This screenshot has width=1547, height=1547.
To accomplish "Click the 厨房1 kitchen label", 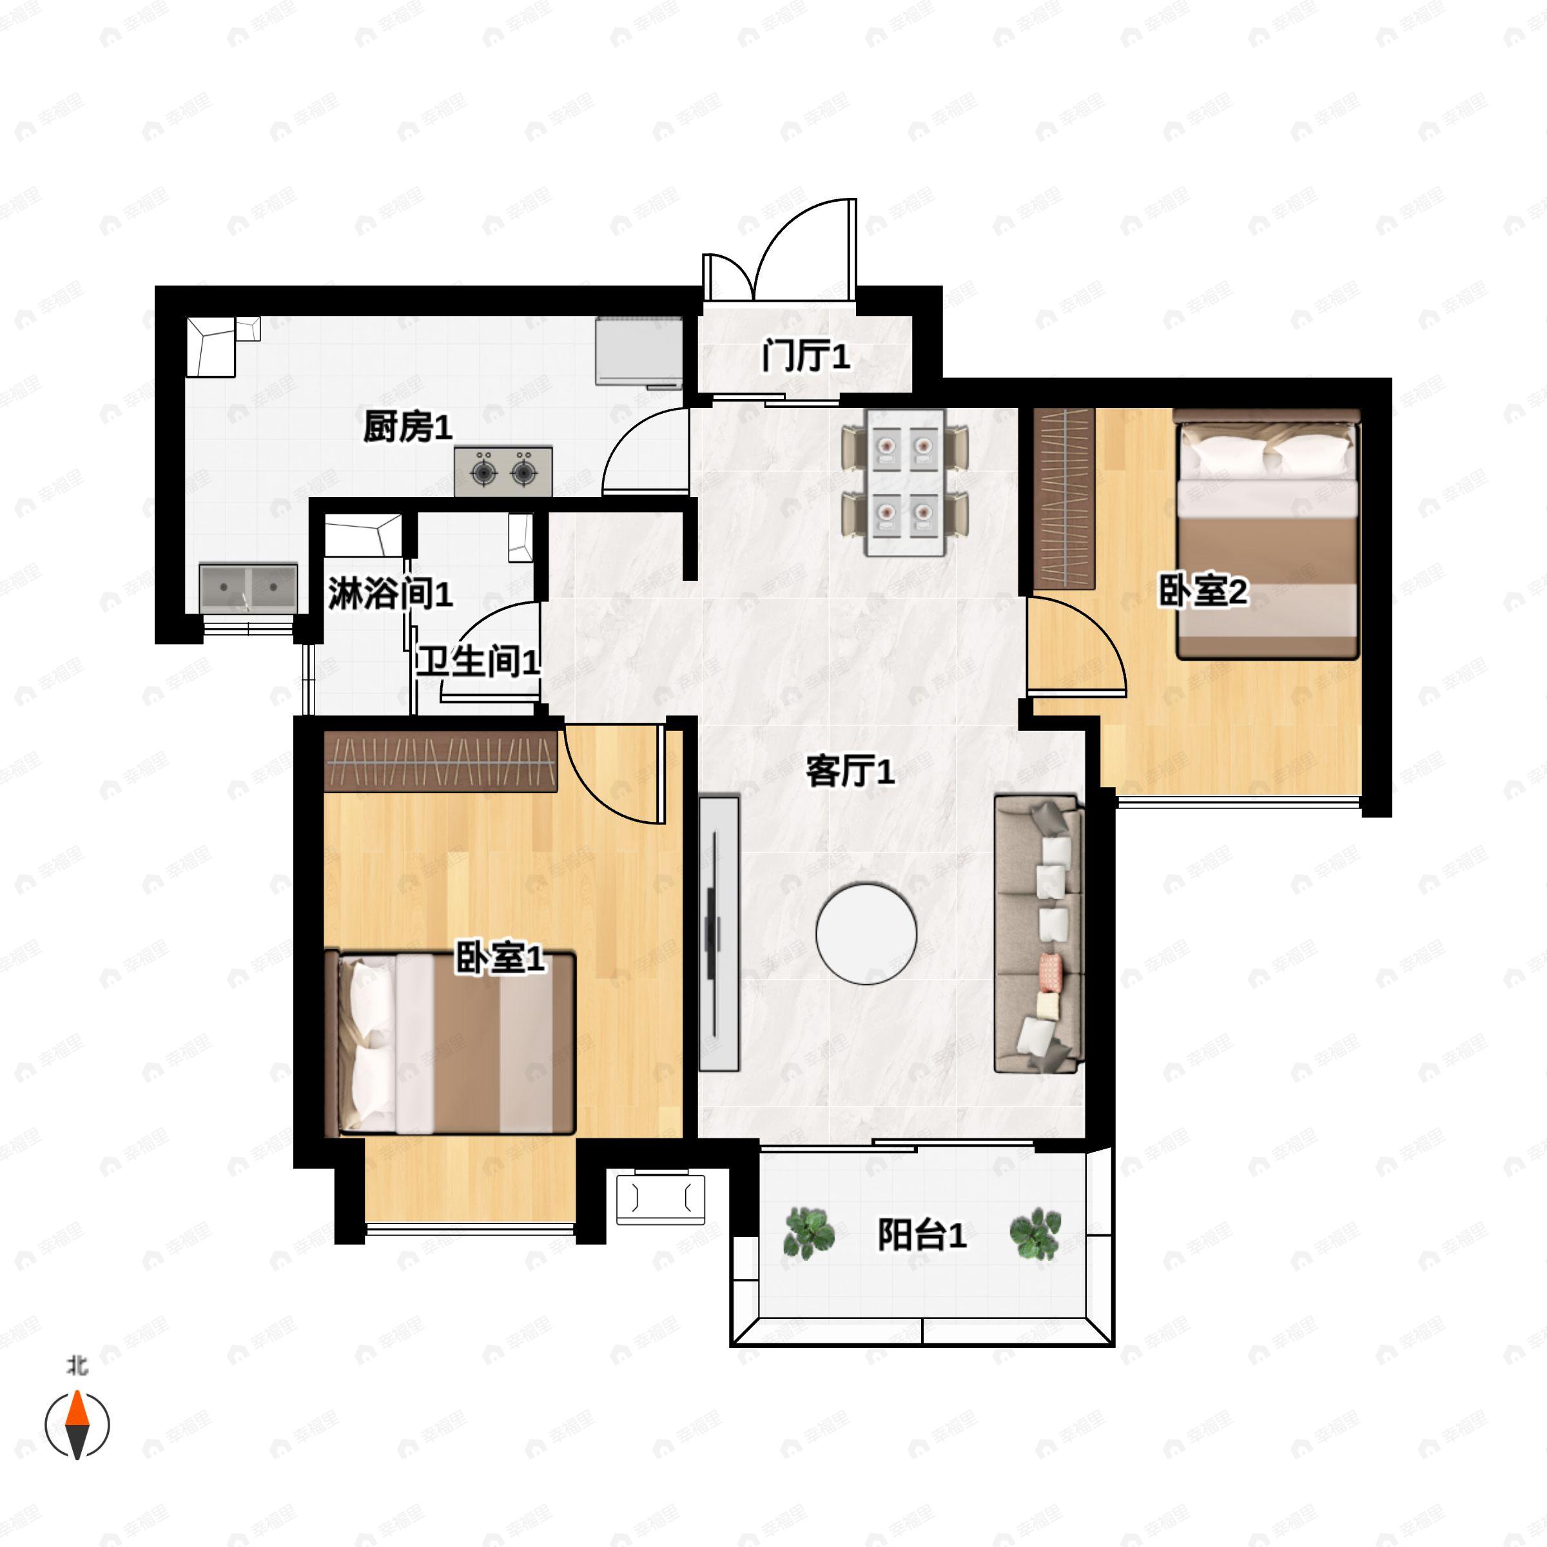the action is [407, 427].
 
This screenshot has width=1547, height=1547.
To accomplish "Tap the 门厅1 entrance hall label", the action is [806, 356].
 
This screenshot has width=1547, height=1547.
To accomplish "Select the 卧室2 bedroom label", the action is [1203, 592].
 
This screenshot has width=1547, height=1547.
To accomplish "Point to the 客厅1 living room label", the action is [850, 772].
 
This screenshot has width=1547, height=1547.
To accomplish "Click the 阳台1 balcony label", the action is [922, 1235].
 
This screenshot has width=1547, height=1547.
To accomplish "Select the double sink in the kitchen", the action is [249, 588].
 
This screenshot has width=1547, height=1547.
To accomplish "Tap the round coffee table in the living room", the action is [866, 933].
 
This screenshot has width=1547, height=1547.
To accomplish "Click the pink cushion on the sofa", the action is [1051, 971].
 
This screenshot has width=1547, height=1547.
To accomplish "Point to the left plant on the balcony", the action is [810, 1232].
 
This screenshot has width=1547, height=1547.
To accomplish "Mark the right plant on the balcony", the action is [1035, 1232].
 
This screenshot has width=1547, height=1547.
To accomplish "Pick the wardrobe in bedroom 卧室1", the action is [440, 761].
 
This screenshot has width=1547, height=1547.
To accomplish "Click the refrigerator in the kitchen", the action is [639, 353].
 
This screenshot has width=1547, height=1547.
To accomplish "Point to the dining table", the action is [905, 483].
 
